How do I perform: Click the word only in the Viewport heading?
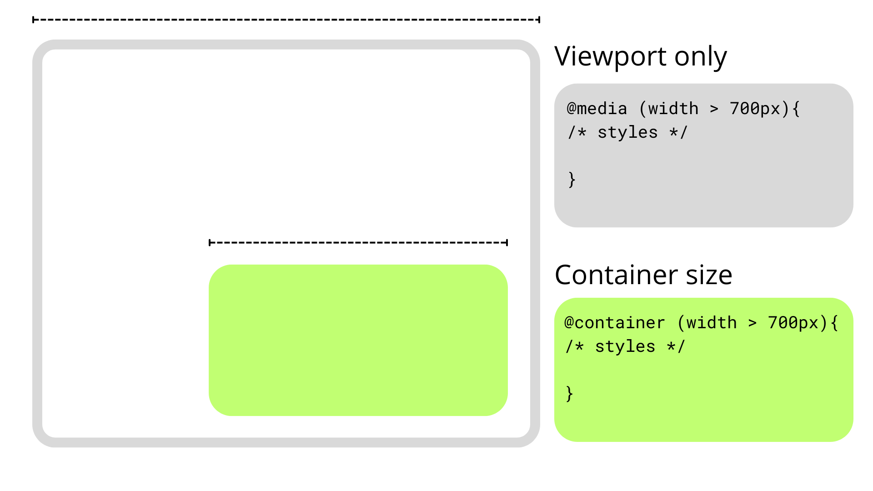coord(701,57)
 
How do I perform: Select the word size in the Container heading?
coord(709,275)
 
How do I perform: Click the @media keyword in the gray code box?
coord(597,109)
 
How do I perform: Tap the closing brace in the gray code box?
coord(572,180)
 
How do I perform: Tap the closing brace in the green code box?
coord(569,394)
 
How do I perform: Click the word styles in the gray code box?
coord(627,132)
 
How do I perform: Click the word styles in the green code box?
coord(625,346)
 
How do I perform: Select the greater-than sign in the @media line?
coord(714,109)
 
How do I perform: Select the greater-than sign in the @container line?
coord(753,323)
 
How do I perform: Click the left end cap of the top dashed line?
coord(33,20)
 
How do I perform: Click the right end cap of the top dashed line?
coord(539,20)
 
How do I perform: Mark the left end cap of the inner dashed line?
coord(209,242)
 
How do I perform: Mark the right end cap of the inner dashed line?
coord(507,242)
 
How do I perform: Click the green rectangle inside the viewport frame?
coord(358,340)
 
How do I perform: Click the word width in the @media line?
coord(673,109)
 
